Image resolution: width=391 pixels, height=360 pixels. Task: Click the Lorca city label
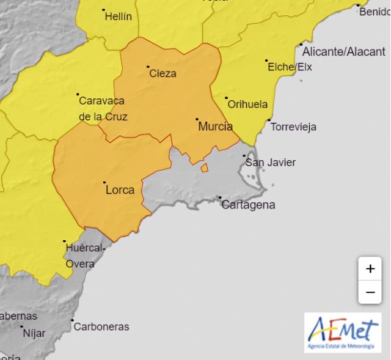[x=120, y=190]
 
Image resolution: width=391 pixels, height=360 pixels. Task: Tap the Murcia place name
[x=215, y=127]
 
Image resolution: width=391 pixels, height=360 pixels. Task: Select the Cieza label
[x=163, y=73]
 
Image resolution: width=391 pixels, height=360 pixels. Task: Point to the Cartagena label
[x=248, y=205]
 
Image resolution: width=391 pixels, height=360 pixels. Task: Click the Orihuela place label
[x=247, y=104]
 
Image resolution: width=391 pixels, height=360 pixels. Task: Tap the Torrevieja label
[x=293, y=127]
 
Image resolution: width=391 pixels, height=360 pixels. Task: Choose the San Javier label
[x=270, y=162]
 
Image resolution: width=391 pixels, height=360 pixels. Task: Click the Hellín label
[x=119, y=17]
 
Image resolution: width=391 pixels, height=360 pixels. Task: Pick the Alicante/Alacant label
[x=344, y=52]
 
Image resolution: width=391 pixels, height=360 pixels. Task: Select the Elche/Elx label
[x=290, y=67]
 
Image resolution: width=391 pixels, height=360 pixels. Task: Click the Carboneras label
[x=101, y=326]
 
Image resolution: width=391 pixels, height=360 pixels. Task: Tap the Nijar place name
[x=34, y=333]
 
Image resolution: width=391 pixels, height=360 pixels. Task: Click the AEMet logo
[x=343, y=332]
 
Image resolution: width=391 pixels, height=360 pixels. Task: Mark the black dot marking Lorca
[x=104, y=182]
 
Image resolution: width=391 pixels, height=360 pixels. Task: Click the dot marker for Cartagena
[x=220, y=197]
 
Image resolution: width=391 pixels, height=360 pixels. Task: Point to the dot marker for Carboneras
[x=72, y=320]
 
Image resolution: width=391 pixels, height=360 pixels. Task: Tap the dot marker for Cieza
[x=148, y=67]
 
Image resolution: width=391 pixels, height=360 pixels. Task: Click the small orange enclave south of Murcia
[x=205, y=167]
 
